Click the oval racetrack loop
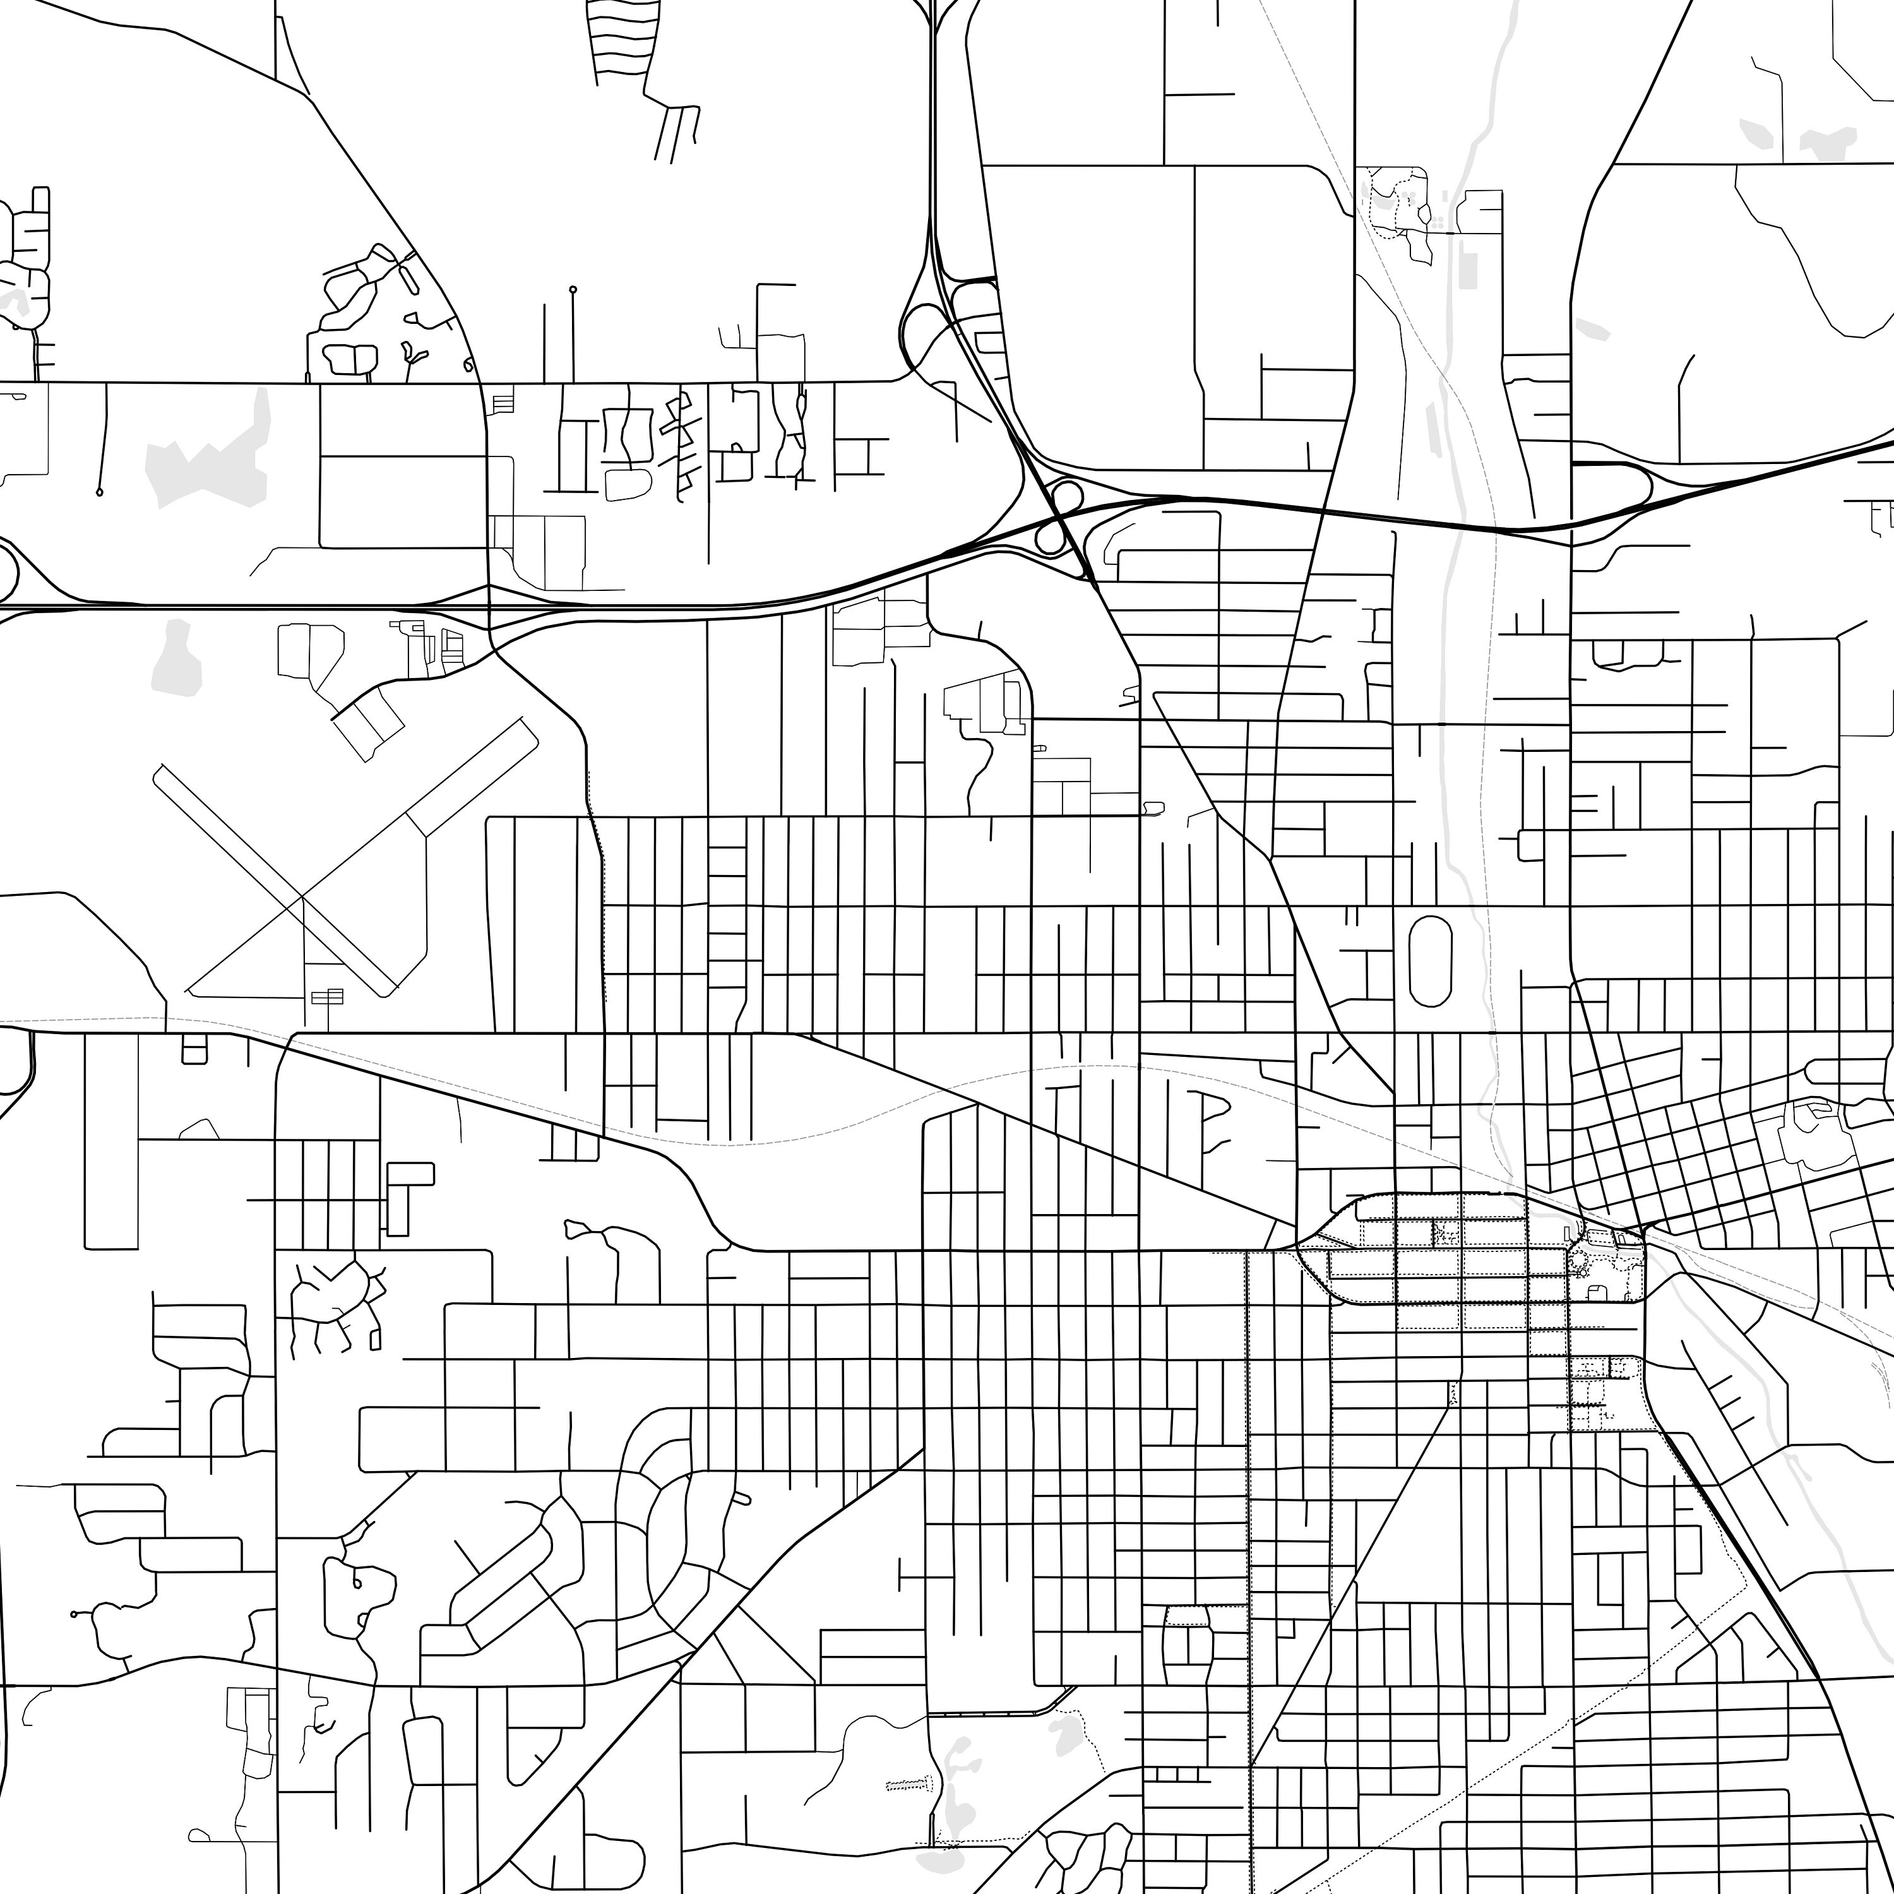coord(1429,961)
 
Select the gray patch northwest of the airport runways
coord(177,657)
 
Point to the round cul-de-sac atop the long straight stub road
coord(573,290)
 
